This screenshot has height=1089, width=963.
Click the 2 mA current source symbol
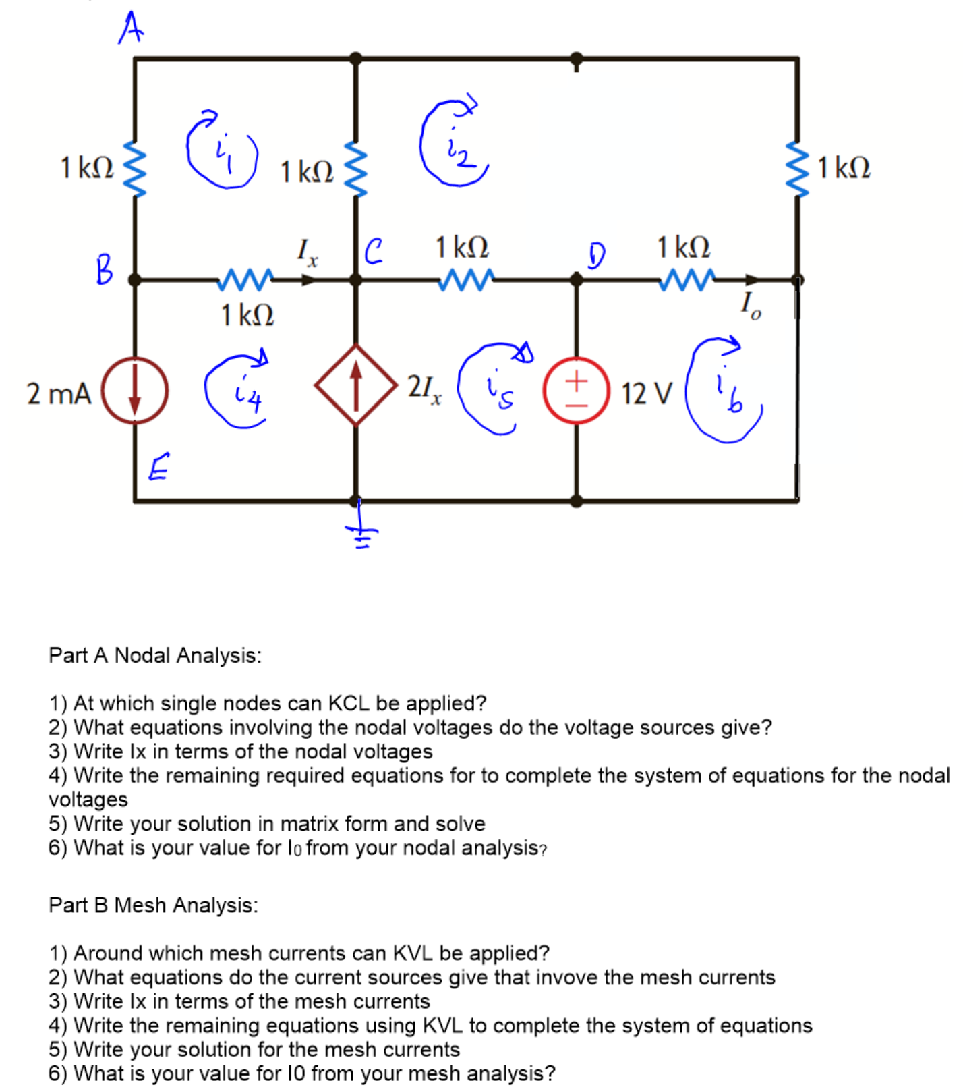click(x=135, y=391)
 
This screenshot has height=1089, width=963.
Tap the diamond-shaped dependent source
click(x=356, y=385)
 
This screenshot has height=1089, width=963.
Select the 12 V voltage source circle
click(x=577, y=391)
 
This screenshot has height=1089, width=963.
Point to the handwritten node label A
click(x=131, y=28)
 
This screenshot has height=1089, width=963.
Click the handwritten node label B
click(x=105, y=269)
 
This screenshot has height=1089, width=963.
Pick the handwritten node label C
click(x=373, y=251)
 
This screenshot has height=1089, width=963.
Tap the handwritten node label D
click(x=596, y=255)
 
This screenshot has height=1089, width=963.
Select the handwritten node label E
click(x=159, y=466)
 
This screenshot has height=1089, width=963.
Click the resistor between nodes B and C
click(x=246, y=279)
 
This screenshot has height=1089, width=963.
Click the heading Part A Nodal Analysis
click(x=155, y=654)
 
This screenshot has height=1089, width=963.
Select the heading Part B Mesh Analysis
click(x=153, y=905)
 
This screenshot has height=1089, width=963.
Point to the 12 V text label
click(x=646, y=393)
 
